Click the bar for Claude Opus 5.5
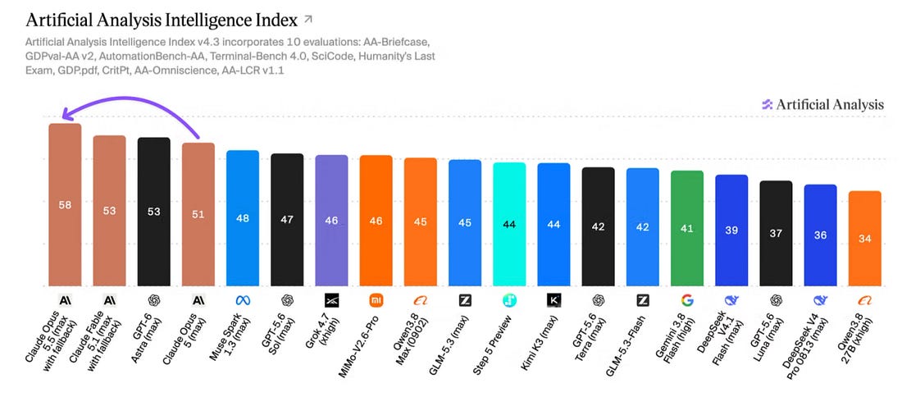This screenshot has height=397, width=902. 65,205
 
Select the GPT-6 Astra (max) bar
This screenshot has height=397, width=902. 153,212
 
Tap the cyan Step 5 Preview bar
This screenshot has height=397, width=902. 509,225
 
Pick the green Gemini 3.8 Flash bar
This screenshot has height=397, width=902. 687,228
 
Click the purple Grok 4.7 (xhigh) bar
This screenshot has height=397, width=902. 331,221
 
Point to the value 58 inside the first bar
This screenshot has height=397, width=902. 65,205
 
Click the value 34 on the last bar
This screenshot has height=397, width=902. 864,239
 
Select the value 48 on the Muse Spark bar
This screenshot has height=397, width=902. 242,219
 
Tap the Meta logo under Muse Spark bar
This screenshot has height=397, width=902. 242,299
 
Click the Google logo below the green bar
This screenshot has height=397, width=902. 687,299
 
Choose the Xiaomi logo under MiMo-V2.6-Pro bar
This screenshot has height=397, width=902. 376,299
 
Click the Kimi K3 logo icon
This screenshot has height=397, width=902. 553,299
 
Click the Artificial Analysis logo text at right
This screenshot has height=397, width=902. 830,105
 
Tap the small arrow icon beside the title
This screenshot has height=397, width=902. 308,20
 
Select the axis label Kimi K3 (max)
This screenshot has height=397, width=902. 539,340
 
